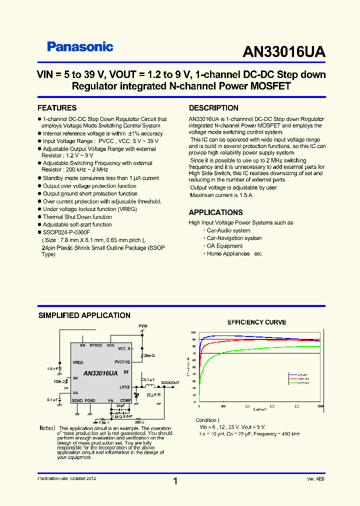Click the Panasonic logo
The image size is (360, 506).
(80, 47)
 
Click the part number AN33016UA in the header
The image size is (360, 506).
(283, 52)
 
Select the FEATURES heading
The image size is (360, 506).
(57, 108)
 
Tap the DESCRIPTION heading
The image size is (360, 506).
(213, 108)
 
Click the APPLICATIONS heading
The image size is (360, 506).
(215, 212)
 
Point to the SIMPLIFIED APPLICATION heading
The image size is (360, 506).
(84, 315)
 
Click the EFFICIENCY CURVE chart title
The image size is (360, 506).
(257, 322)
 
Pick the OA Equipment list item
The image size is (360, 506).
(224, 246)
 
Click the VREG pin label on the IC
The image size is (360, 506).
(78, 362)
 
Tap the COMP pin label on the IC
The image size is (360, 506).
(125, 400)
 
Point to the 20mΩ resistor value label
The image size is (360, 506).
(149, 355)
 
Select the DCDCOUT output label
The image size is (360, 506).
(170, 382)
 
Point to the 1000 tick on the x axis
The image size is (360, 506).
(319, 406)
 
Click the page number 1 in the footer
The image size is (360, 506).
(175, 481)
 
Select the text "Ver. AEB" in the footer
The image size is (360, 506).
(315, 479)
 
